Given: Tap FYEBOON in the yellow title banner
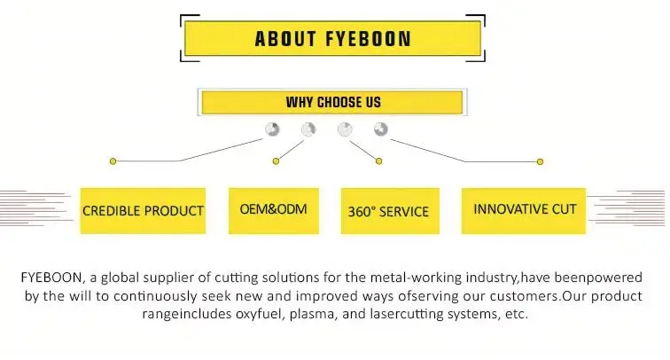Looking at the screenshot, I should (x=367, y=39).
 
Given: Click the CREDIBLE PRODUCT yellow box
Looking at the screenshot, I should (x=143, y=211).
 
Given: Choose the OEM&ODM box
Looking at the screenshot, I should (x=273, y=210).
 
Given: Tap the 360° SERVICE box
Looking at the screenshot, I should (x=390, y=211).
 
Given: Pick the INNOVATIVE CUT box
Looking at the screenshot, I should (x=525, y=210).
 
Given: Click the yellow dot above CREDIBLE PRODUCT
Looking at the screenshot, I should (x=113, y=161).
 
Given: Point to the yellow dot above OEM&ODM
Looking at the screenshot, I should (x=276, y=161).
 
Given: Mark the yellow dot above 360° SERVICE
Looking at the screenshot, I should (x=379, y=161).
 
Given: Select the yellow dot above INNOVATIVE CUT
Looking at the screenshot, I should (x=541, y=161).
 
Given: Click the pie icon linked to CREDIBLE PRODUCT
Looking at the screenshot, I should (x=273, y=129).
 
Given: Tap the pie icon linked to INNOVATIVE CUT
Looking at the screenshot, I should (x=381, y=129).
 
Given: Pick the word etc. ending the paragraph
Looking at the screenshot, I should (x=513, y=314).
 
